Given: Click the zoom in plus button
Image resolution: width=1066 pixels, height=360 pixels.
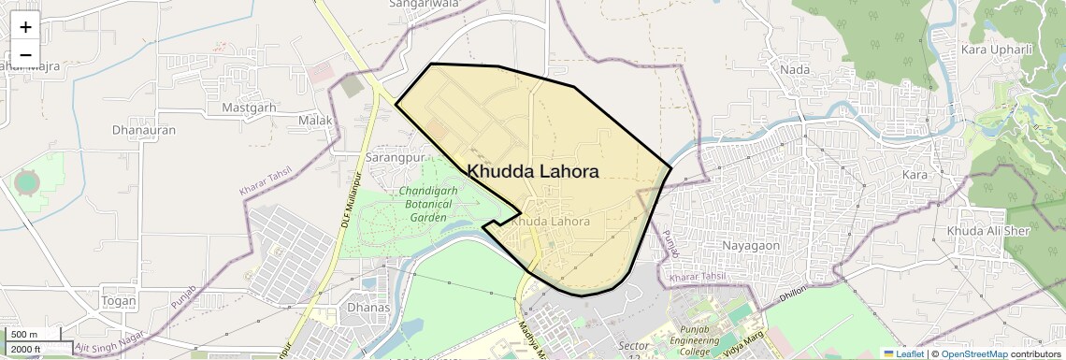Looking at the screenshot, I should (x=25, y=27).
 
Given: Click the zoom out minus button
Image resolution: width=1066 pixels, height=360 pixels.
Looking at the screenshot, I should (x=25, y=54).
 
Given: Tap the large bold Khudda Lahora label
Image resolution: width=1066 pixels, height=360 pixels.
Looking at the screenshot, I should (x=533, y=171).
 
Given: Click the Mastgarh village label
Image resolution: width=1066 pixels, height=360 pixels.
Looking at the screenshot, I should (x=249, y=108).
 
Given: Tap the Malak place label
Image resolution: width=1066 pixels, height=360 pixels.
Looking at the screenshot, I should (x=314, y=122).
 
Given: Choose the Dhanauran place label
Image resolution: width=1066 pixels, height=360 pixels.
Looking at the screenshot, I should (x=143, y=130).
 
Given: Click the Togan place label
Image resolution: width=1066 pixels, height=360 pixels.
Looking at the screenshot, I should (x=119, y=301).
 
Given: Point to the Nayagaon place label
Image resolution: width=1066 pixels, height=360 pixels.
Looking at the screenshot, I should (x=751, y=245).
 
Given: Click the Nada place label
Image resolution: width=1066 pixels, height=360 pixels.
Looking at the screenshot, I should (x=794, y=70).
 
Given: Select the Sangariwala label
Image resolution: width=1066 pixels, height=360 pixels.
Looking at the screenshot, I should (x=425, y=5).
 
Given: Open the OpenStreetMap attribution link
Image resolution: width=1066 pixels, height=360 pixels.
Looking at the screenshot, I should (x=973, y=353).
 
